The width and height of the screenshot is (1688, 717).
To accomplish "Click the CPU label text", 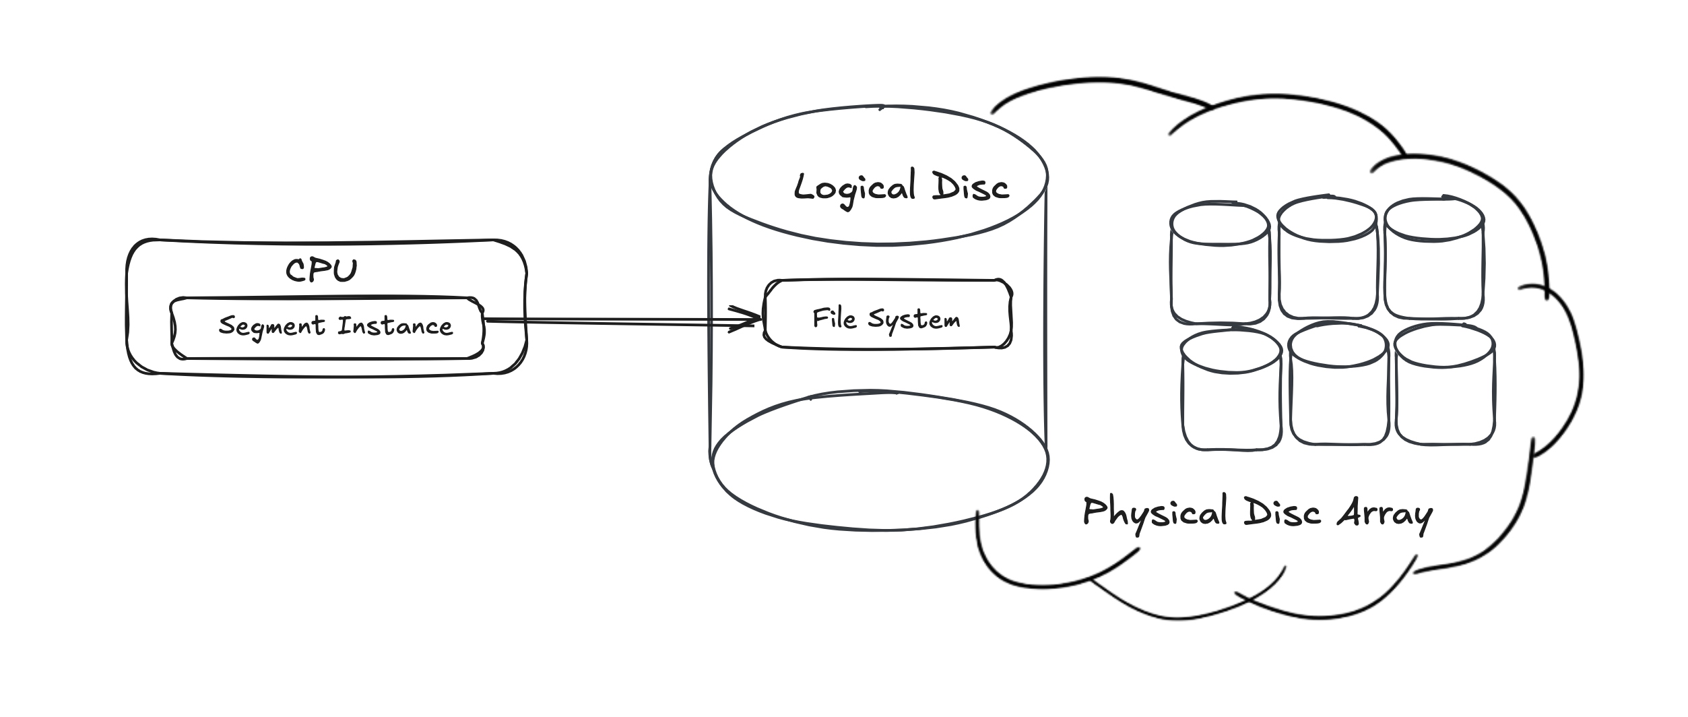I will coord(321,271).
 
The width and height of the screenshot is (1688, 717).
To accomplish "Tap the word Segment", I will coord(271,327).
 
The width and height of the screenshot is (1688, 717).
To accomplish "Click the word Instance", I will coord(395,326).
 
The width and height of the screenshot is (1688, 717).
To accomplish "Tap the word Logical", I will coord(854,188).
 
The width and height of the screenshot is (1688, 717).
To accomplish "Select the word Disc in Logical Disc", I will coord(971,187).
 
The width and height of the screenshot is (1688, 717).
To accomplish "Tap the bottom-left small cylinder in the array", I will coord(1231,391).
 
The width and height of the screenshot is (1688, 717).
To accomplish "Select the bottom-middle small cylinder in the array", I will coord(1338,384).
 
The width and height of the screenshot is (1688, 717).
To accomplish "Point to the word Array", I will coord(1384,515).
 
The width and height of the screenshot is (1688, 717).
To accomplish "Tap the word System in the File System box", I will coord(914,319).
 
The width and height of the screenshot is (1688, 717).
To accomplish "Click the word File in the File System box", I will coord(834,317).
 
